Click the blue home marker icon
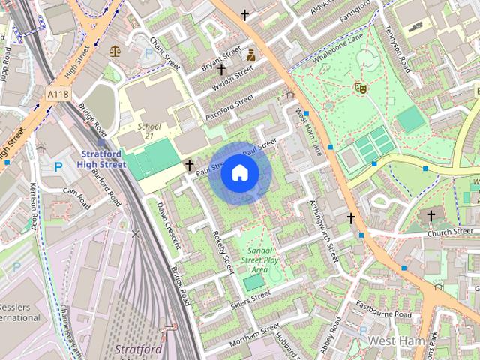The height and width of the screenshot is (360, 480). tap(238, 172)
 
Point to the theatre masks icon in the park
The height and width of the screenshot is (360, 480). tap(361, 88)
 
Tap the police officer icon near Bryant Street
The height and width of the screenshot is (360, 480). tap(251, 54)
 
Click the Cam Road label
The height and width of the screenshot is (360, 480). tap(76, 192)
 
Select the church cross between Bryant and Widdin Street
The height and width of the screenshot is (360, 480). tap(222, 69)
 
